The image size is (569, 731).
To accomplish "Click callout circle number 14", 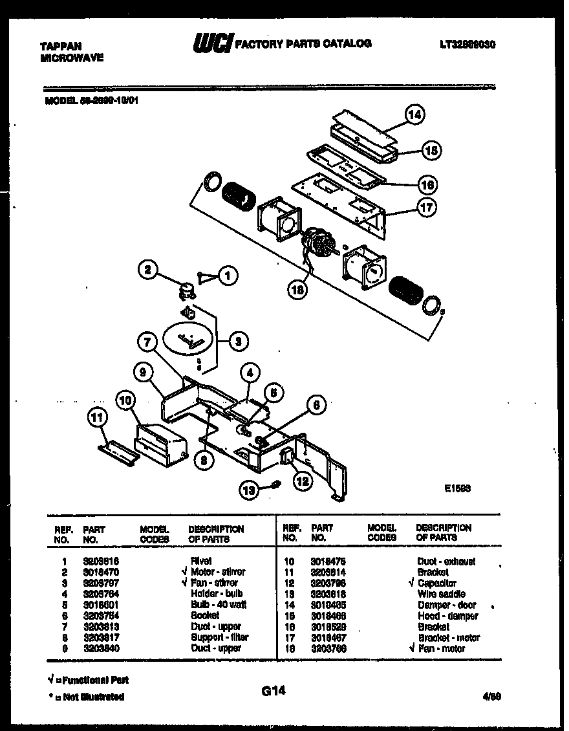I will [x=415, y=115].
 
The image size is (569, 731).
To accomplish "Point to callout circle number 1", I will [x=227, y=276].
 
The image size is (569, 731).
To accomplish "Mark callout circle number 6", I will [x=316, y=406].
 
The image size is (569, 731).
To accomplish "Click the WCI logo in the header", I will [x=212, y=44].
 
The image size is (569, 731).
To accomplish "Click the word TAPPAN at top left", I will [x=61, y=46].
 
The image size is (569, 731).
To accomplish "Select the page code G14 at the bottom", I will [x=274, y=692].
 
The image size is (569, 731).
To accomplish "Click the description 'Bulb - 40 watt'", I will [x=219, y=605].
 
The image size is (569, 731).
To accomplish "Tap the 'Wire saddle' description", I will [x=441, y=594].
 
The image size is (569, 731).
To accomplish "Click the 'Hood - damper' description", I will [x=448, y=616].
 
